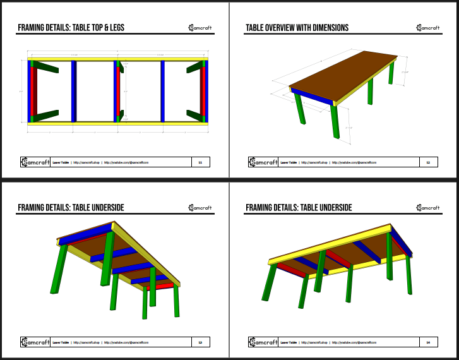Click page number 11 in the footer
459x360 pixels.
tap(200, 162)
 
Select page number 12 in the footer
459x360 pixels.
tap(428, 162)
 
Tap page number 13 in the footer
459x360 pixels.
tap(200, 342)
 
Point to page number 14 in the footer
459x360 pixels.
tap(428, 342)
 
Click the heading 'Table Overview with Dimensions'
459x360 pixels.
tap(296, 28)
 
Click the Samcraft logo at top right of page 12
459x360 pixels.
tap(428, 28)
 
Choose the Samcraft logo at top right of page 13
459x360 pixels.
tap(200, 208)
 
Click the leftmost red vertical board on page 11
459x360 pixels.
tap(35, 92)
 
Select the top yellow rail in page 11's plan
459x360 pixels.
tap(118, 61)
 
